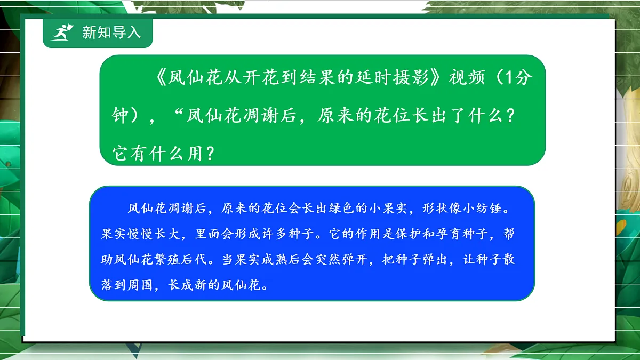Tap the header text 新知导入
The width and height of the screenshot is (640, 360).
click(x=111, y=33)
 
